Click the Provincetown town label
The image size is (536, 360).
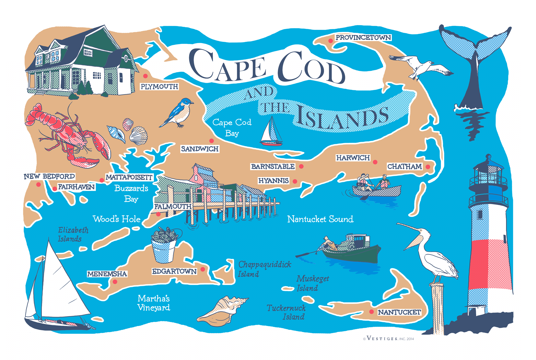point(363,37)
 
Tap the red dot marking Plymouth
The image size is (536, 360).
point(145,76)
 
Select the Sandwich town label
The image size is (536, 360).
point(200,149)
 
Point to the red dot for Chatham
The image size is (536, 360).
point(428,167)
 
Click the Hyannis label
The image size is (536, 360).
point(273,181)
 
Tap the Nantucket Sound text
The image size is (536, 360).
point(320,219)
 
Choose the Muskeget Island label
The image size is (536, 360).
point(312,283)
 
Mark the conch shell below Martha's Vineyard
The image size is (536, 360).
point(222,311)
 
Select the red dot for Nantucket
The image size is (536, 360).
point(371,312)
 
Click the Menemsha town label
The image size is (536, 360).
point(107,274)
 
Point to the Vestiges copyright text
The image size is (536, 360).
point(389,339)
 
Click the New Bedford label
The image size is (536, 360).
point(49,177)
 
